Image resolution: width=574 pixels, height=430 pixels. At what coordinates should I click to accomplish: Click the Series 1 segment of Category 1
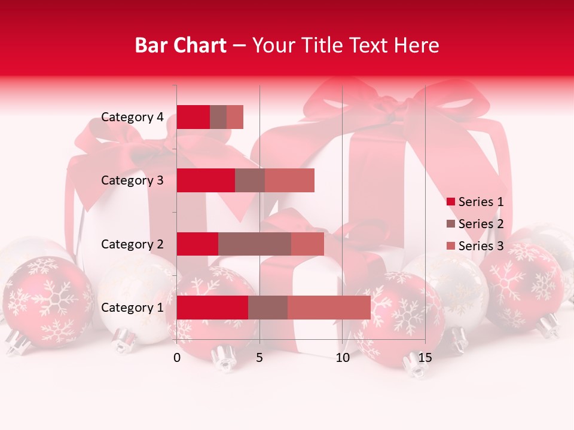click(212, 308)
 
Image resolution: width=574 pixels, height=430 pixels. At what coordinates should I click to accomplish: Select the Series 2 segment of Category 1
click(268, 308)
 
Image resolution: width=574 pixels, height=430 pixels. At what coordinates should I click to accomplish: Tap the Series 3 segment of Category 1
click(329, 308)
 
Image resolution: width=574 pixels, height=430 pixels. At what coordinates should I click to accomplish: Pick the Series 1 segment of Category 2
click(197, 244)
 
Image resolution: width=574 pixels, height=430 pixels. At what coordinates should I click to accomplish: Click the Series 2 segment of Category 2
click(255, 244)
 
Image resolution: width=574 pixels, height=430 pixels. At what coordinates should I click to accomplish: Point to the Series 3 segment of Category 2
click(307, 244)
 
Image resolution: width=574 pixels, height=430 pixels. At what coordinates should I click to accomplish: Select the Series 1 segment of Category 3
click(206, 180)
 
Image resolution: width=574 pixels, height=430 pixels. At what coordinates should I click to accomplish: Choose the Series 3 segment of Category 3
click(289, 180)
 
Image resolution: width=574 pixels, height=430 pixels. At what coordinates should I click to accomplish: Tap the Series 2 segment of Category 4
click(218, 117)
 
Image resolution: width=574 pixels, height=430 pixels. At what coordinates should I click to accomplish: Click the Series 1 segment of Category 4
click(193, 117)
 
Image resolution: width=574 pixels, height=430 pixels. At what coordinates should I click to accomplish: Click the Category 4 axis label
click(132, 117)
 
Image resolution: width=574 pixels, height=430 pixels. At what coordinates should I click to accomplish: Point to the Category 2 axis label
click(132, 244)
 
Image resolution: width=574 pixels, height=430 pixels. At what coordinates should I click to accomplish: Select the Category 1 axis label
click(132, 308)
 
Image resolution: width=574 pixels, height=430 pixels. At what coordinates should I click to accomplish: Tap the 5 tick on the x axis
click(259, 358)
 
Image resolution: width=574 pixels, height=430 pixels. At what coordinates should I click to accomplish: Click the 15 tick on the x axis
click(425, 358)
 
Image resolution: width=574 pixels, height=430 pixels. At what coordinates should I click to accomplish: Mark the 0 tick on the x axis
click(177, 358)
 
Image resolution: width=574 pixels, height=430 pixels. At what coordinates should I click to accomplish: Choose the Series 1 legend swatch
click(451, 202)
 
